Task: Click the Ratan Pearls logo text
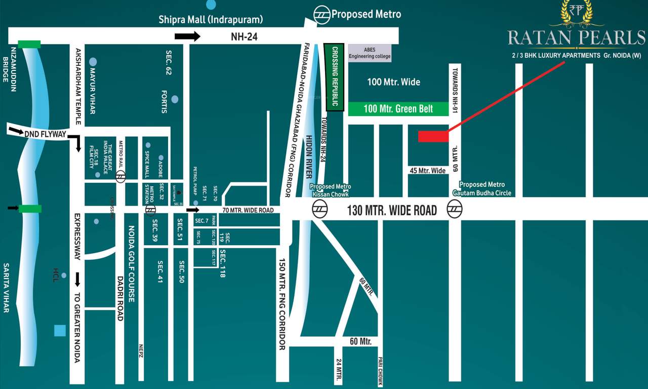click(577, 37)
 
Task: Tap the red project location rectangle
click(433, 136)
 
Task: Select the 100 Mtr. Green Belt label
click(398, 109)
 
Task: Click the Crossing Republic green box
click(335, 77)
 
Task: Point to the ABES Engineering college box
click(370, 53)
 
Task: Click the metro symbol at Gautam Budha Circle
click(454, 209)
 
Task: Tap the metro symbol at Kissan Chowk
click(319, 208)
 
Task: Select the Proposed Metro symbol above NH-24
click(321, 14)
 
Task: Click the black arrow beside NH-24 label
click(187, 36)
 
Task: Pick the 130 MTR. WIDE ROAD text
click(392, 210)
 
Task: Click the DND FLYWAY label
click(45, 134)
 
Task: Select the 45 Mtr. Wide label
click(427, 171)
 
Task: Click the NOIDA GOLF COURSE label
click(131, 264)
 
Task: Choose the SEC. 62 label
click(169, 63)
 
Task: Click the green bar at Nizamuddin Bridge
click(28, 45)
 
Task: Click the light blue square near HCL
click(60, 331)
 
